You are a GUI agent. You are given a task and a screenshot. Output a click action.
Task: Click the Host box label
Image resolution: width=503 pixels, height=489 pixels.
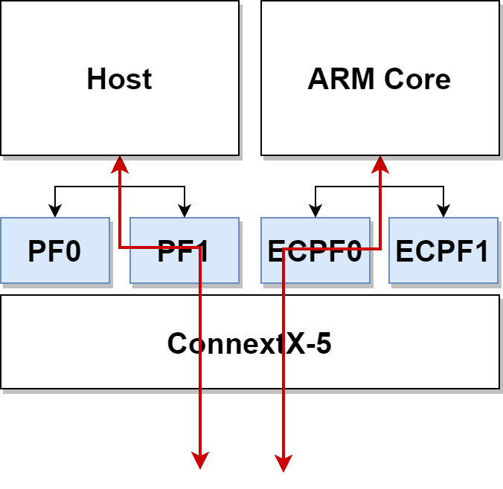(x=119, y=79)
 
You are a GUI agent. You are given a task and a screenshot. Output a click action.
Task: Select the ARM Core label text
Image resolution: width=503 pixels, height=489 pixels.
(x=379, y=79)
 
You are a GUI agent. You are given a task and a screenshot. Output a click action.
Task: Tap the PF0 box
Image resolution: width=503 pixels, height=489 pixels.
(x=54, y=251)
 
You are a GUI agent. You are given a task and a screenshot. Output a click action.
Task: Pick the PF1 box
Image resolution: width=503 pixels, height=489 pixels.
(x=184, y=251)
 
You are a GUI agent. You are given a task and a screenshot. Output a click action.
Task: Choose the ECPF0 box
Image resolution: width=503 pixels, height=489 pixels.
(x=315, y=251)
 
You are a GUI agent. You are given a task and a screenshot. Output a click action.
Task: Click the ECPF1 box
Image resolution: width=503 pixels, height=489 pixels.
(x=443, y=251)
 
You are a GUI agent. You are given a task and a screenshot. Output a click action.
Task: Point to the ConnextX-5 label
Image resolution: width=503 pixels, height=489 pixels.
(x=249, y=343)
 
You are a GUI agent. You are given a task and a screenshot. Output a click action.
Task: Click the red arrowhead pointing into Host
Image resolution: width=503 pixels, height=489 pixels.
(x=119, y=163)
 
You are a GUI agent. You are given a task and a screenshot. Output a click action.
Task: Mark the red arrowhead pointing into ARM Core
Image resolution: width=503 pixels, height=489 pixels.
(x=380, y=163)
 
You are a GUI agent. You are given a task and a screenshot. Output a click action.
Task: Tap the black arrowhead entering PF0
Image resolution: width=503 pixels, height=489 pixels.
(x=54, y=211)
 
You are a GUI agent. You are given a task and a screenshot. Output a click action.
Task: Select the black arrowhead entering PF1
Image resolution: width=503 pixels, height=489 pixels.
(x=185, y=211)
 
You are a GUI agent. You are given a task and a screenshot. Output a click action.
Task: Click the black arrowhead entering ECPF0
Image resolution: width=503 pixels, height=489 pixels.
(x=315, y=211)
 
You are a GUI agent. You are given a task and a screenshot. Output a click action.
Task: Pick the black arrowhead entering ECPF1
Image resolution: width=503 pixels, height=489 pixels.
(x=444, y=211)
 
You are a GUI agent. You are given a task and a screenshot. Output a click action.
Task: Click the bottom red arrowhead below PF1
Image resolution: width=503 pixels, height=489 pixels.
(x=199, y=462)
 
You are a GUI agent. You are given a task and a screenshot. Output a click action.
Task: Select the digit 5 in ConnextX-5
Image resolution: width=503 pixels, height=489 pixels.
(x=323, y=343)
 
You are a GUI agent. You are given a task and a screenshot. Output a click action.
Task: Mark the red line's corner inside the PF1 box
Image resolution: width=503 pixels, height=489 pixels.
(x=199, y=248)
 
